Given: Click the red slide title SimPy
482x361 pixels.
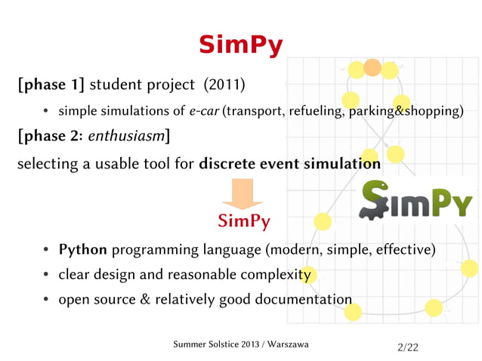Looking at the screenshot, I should click(240, 45).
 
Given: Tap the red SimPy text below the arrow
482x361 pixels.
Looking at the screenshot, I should click(243, 221).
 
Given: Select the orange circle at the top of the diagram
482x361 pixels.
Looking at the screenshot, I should click(372, 68).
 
